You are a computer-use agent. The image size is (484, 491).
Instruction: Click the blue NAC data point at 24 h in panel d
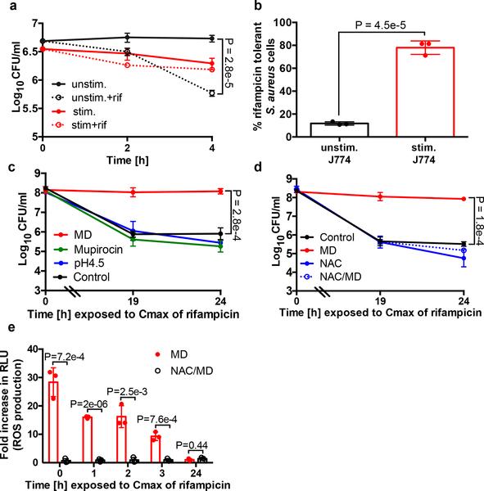[x=464, y=259]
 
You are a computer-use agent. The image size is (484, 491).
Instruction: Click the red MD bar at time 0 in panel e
[x=55, y=421]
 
